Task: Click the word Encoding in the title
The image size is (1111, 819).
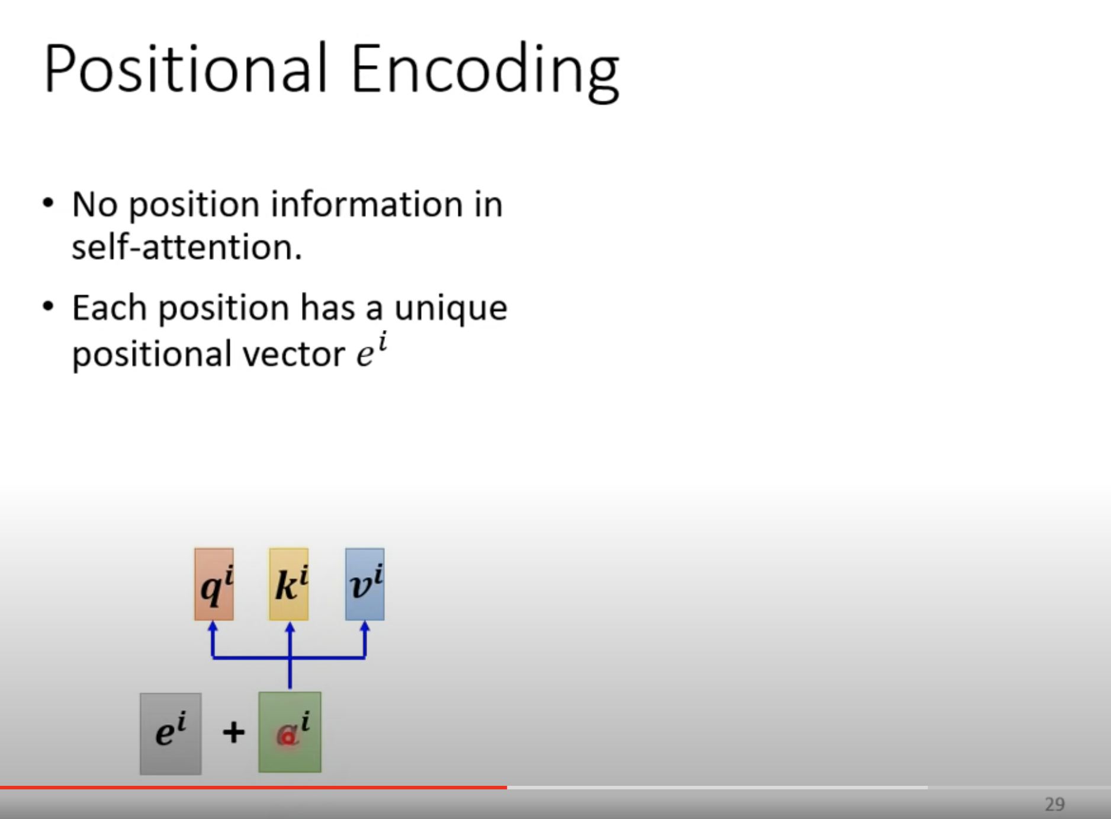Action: click(x=485, y=73)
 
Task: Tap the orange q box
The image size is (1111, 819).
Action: click(x=214, y=584)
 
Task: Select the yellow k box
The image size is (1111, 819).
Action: click(x=289, y=584)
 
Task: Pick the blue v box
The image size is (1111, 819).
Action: click(x=365, y=584)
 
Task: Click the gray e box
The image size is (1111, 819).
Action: click(x=171, y=734)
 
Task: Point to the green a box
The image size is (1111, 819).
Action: click(x=290, y=732)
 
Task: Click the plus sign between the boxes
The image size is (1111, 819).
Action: click(x=233, y=732)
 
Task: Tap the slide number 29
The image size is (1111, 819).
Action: click(x=1055, y=804)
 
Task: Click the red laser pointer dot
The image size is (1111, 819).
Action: click(x=288, y=738)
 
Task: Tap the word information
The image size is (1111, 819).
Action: click(x=367, y=204)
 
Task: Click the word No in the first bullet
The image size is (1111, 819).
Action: click(x=95, y=204)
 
